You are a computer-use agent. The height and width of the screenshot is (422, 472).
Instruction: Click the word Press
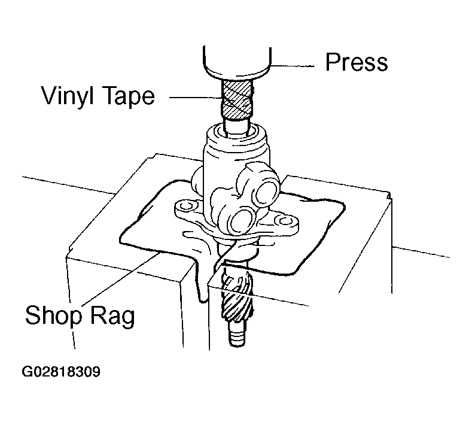click(357, 62)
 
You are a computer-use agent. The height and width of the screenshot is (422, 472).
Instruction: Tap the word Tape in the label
click(129, 96)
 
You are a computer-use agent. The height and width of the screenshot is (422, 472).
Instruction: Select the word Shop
click(53, 315)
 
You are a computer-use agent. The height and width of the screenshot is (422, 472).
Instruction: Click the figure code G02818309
click(61, 372)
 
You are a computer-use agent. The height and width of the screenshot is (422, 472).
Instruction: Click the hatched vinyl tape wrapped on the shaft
click(236, 99)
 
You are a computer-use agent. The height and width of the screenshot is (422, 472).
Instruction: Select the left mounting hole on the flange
click(187, 206)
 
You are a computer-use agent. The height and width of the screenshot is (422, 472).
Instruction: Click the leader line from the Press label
click(293, 65)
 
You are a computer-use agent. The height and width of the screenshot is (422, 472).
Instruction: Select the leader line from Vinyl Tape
click(196, 98)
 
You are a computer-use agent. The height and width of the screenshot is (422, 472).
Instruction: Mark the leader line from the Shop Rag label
click(120, 279)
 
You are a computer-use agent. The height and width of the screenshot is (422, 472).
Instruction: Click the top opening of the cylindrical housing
click(237, 132)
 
